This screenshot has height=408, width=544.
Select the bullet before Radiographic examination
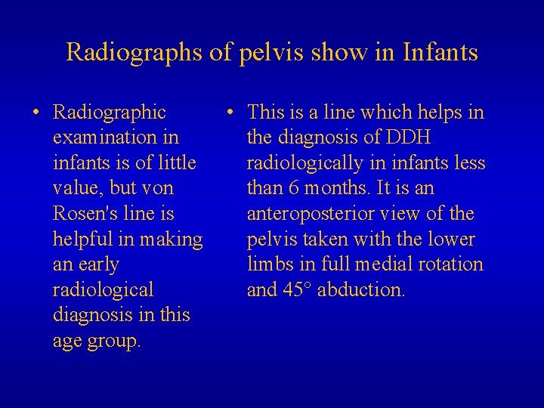tap(36, 113)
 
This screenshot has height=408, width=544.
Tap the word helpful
tap(81, 240)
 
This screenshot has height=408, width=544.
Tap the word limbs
tap(270, 265)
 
